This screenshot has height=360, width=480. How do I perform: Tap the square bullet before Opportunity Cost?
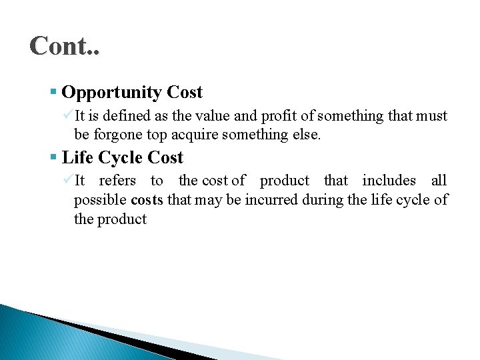pos(53,92)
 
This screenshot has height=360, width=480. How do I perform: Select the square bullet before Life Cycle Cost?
pos(53,158)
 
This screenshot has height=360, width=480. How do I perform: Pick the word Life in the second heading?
pos(75,158)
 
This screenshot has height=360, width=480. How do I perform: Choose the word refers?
pos(117,181)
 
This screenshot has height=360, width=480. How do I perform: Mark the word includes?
pos(389,181)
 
